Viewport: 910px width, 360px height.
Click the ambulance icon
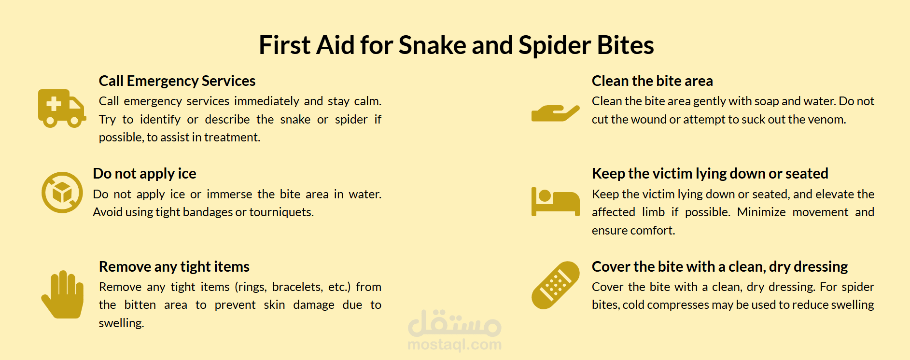[x=62, y=108]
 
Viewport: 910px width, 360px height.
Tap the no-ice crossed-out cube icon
[x=62, y=192]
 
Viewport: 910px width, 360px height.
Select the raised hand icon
[x=62, y=294]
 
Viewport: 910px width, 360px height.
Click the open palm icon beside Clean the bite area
[x=555, y=113]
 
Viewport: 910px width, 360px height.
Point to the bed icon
[x=555, y=202]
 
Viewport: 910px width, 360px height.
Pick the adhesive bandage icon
[x=555, y=285]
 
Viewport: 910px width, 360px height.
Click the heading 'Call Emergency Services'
[x=177, y=81]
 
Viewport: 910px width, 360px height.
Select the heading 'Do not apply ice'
[x=144, y=174]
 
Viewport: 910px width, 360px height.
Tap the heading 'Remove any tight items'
[x=174, y=267]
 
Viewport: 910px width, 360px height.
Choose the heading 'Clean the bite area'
[x=652, y=81]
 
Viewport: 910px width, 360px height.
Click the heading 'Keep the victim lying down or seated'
[x=710, y=174]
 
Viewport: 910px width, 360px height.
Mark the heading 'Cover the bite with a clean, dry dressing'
[x=720, y=267]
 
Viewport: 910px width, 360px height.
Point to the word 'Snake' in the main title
[x=432, y=45]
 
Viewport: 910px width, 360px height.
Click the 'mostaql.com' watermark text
[x=455, y=345]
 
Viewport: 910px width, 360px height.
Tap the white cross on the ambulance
[x=54, y=104]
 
